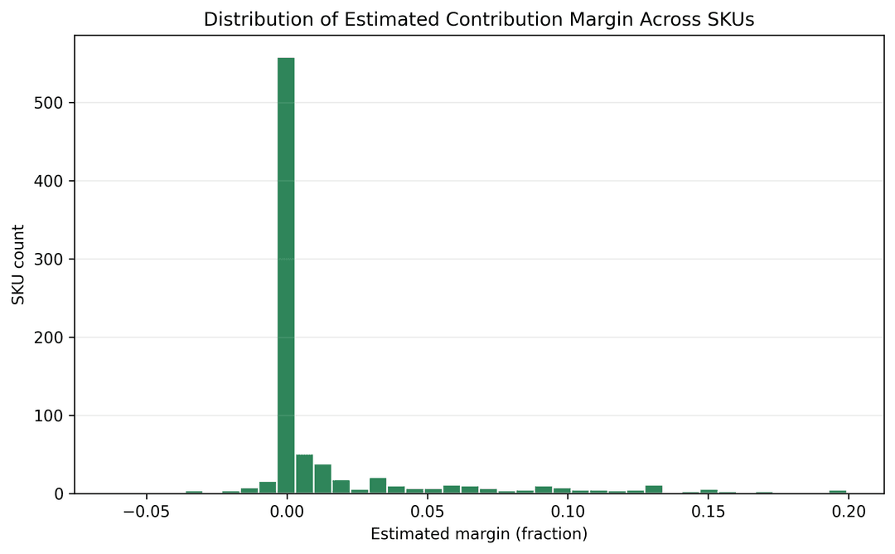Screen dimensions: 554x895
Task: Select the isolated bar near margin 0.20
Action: click(x=838, y=491)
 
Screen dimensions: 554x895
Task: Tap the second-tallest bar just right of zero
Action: click(x=304, y=474)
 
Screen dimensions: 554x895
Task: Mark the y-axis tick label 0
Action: click(x=60, y=493)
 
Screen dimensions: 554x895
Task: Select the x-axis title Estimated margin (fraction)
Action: click(x=478, y=534)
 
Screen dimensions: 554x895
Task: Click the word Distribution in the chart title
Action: click(x=246, y=20)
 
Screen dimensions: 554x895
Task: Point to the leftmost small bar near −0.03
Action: click(x=194, y=492)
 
